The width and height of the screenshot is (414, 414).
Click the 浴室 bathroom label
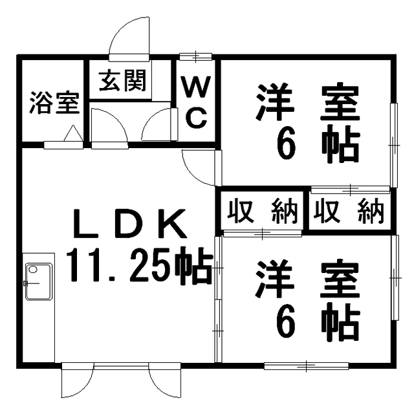coord(54,103)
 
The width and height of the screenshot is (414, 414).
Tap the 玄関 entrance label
coord(122,82)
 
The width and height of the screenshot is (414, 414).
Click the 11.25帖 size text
coord(138,267)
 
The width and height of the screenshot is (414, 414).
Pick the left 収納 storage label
coord(261,212)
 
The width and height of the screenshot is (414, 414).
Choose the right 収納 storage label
coord(350,212)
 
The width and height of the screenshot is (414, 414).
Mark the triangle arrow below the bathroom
coord(73,134)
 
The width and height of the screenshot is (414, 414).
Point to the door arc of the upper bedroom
coord(199,167)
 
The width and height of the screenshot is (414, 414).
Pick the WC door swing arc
coord(158,125)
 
